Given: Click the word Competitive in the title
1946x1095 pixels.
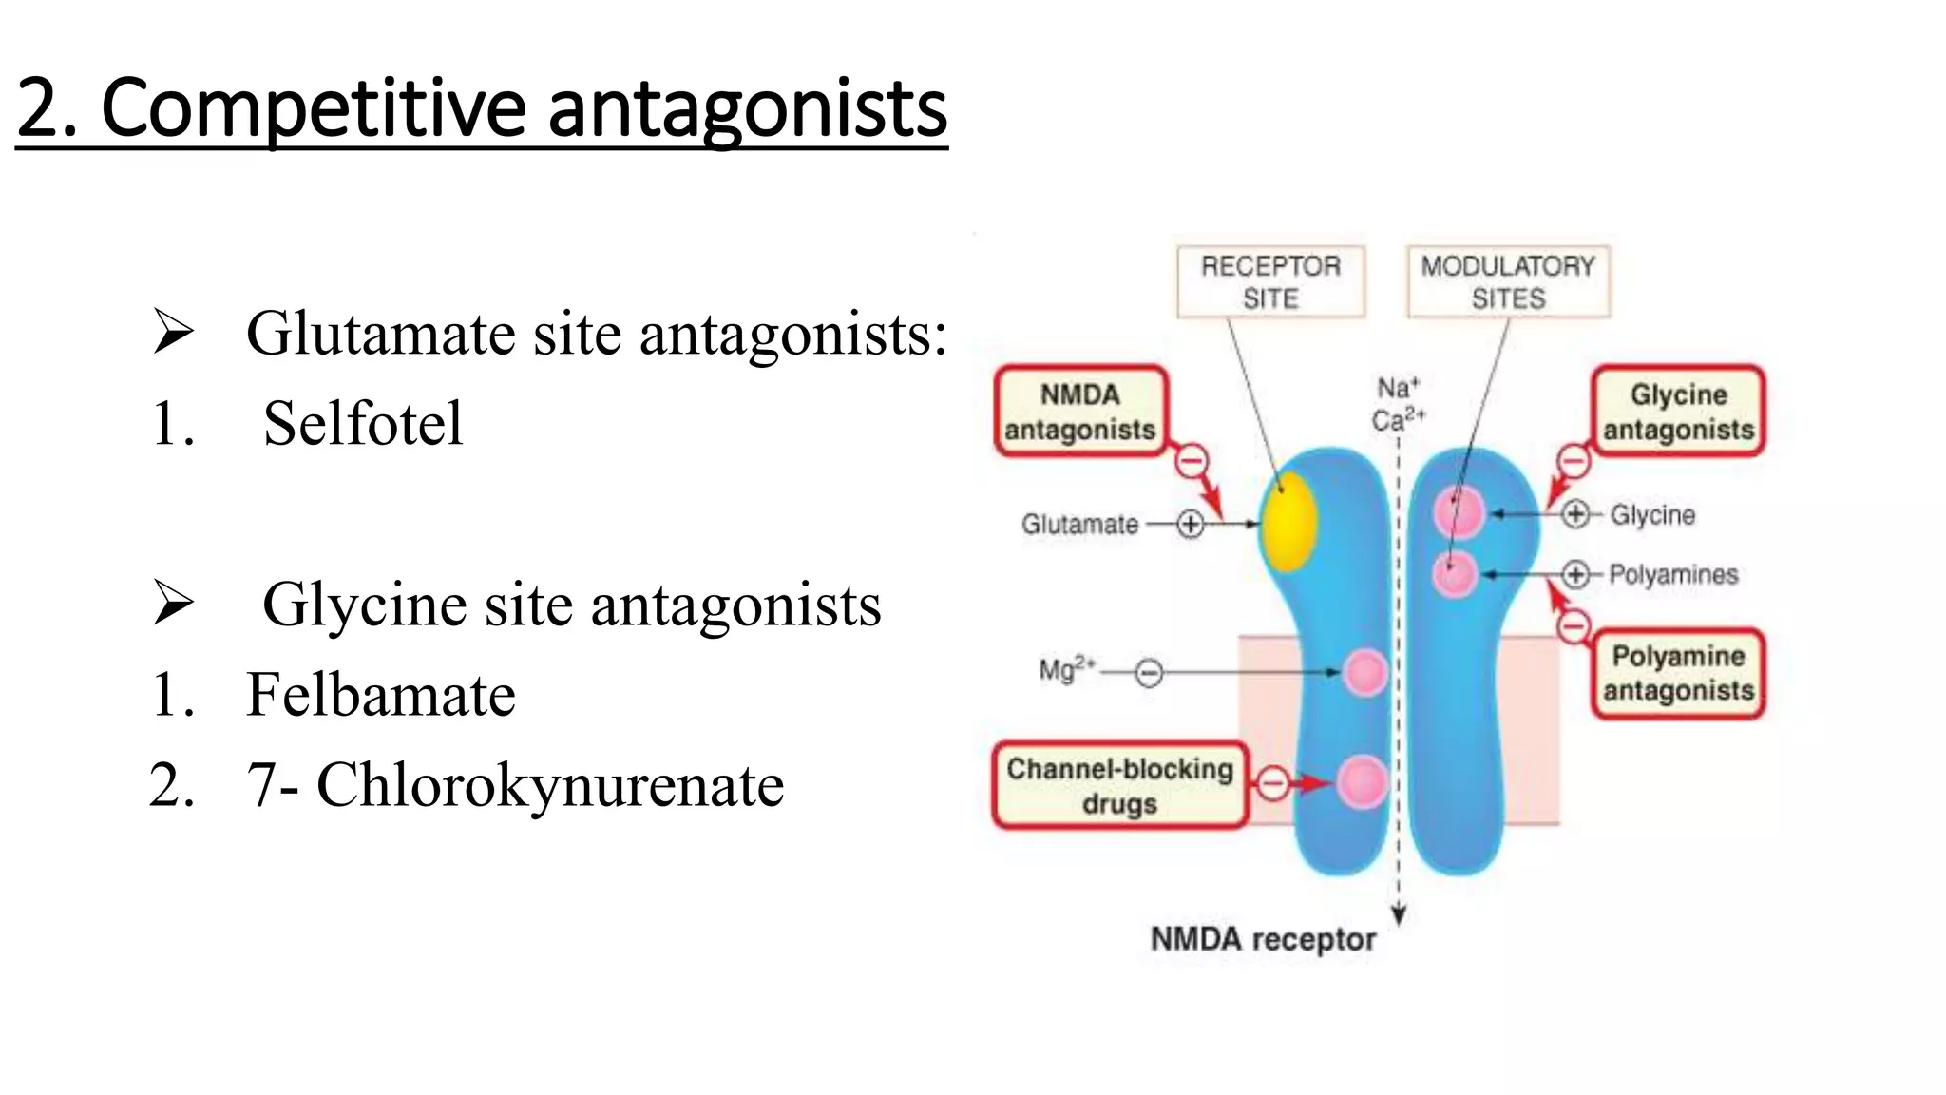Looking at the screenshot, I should (313, 109).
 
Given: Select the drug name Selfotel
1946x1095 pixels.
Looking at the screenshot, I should (363, 423).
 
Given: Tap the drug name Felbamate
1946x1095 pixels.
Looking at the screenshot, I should (380, 695).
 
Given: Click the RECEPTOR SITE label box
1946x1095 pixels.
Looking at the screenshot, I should (1270, 281).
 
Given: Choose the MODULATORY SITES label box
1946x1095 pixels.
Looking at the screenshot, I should (1508, 281).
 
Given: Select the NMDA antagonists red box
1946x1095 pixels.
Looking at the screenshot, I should (1080, 412).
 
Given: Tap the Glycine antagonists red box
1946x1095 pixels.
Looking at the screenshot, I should (1678, 412).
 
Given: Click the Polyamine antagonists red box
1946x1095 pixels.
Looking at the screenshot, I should (1678, 673).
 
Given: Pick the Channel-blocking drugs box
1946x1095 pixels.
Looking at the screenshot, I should (1119, 785).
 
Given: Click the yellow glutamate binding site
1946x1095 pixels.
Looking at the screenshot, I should (1288, 521).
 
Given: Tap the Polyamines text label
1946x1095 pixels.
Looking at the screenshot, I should (1673, 574).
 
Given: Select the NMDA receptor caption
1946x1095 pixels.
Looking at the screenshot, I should (1263, 939).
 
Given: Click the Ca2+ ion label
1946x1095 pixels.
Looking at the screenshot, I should (1398, 419).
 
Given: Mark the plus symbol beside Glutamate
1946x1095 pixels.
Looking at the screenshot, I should (1191, 524).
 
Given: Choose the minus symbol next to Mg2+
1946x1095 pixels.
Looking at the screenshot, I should (1149, 674).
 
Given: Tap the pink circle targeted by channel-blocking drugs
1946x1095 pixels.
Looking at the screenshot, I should (1363, 782).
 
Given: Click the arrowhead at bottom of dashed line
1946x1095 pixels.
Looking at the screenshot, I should (1399, 915).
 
